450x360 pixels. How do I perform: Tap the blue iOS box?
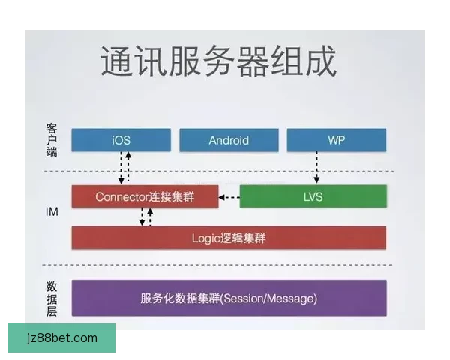(120, 140)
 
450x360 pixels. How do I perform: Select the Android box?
(229, 140)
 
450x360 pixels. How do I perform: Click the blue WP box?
(336, 140)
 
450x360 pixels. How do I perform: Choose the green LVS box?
(313, 196)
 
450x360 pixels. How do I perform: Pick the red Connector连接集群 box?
(145, 197)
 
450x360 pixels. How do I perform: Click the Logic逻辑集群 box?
(229, 238)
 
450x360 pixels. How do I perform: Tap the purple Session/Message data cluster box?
(229, 298)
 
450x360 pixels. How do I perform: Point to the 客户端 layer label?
(52, 140)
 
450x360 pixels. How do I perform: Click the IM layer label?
(52, 213)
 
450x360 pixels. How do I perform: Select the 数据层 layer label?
(52, 298)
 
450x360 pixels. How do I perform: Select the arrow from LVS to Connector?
(229, 198)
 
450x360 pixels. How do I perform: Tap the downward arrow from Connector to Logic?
(141, 217)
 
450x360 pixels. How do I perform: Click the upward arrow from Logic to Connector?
(150, 217)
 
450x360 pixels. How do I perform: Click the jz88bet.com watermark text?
(61, 338)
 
